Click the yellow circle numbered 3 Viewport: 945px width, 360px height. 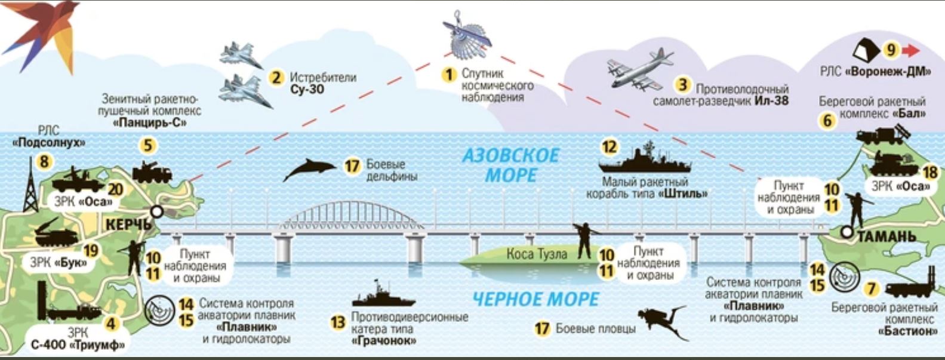pos(682,85)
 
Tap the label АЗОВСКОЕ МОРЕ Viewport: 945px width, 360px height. pos(511,165)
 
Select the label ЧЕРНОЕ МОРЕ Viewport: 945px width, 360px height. pos(535,299)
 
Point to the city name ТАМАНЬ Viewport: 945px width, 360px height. pos(886,237)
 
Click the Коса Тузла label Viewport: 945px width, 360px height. pos(537,254)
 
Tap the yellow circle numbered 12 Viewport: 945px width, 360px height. pos(609,147)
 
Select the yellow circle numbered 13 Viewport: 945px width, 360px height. pos(338,323)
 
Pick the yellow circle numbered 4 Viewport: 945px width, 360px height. pos(112,324)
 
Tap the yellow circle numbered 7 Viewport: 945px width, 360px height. pos(872,289)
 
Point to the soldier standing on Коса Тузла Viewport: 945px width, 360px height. pos(583,240)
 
